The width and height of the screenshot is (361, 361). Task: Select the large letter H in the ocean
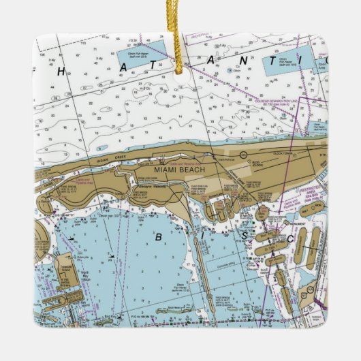(x=61, y=70)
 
